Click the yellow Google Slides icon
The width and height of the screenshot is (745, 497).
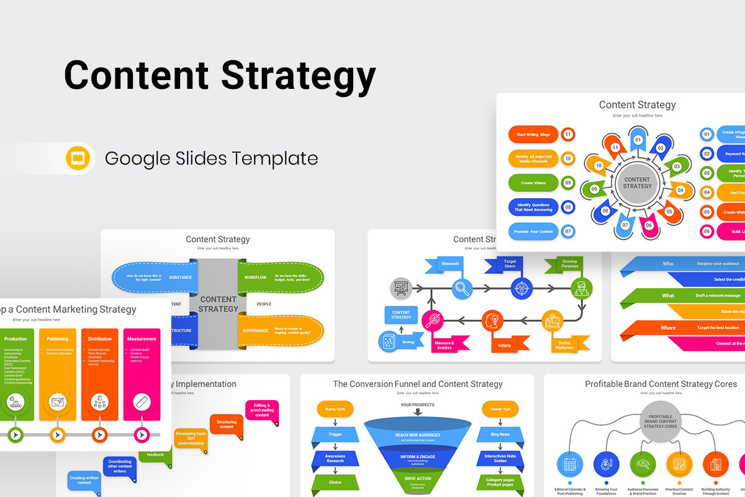(x=78, y=158)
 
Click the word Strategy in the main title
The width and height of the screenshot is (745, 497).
(x=298, y=75)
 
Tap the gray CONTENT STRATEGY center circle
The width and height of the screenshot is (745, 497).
(x=637, y=183)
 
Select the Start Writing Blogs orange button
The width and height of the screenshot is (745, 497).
(x=533, y=134)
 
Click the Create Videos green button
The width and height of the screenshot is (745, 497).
(x=533, y=183)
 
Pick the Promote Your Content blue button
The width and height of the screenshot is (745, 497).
(x=533, y=231)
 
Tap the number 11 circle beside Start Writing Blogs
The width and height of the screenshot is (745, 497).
(x=567, y=134)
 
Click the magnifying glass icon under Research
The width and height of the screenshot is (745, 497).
(x=462, y=288)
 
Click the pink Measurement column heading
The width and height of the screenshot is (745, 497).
(x=142, y=339)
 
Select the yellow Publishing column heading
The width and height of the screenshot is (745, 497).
(x=58, y=339)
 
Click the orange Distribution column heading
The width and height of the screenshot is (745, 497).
(x=100, y=339)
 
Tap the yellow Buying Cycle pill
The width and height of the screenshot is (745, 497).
(x=335, y=409)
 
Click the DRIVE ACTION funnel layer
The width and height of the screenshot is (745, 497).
(x=417, y=478)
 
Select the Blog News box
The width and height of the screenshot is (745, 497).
(x=500, y=434)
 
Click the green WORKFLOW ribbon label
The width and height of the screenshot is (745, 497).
(x=255, y=277)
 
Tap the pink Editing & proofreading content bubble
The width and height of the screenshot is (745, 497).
(x=262, y=410)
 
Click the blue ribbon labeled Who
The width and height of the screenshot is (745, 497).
(x=667, y=263)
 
